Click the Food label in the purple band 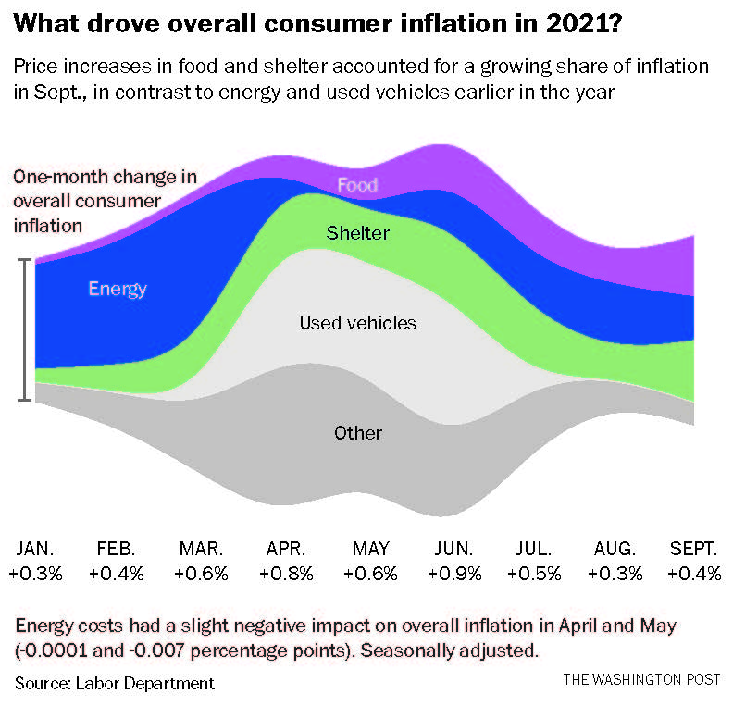click(x=357, y=185)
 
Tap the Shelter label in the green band click(x=357, y=232)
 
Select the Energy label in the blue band click(x=118, y=288)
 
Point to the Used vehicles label click(x=357, y=323)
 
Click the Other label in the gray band click(x=357, y=433)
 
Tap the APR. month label click(x=287, y=548)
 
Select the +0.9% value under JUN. click(x=455, y=574)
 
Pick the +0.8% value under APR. click(x=287, y=574)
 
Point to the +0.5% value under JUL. click(x=535, y=574)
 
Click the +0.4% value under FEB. click(x=117, y=574)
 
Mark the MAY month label click(x=371, y=548)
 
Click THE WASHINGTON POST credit click(x=641, y=680)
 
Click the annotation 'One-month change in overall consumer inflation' click(x=102, y=200)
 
